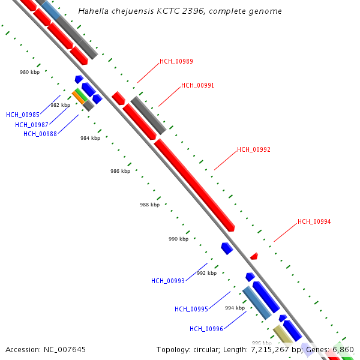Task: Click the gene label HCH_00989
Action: click(x=176, y=62)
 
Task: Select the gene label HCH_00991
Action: click(x=197, y=86)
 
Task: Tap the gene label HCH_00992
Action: click(x=253, y=149)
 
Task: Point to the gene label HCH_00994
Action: click(x=314, y=222)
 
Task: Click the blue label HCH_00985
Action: click(x=23, y=115)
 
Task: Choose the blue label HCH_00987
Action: click(x=32, y=125)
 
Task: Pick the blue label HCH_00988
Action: click(x=40, y=134)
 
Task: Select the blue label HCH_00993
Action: click(x=168, y=281)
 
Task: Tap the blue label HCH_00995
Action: click(x=191, y=310)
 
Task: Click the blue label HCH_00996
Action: click(x=206, y=329)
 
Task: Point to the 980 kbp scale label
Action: click(x=29, y=72)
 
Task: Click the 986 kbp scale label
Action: click(x=120, y=172)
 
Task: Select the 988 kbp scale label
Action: click(x=149, y=205)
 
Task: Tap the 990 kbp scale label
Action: click(x=178, y=239)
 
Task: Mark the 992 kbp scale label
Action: click(x=206, y=273)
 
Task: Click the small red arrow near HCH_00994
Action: click(x=254, y=256)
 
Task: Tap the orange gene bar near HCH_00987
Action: click(x=79, y=97)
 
